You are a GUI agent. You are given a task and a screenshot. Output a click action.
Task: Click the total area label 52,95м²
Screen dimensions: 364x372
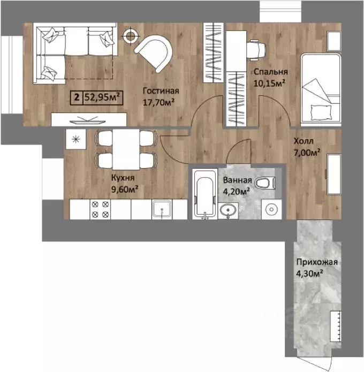[102, 97]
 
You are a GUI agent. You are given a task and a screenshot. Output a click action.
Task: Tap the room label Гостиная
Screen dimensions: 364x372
[161, 91]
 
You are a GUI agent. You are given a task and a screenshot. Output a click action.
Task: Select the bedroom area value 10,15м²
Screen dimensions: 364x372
[269, 83]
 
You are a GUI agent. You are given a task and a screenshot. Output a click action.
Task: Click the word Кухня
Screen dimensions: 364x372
[123, 178]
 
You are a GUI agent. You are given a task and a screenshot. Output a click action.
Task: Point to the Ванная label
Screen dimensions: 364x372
[237, 180]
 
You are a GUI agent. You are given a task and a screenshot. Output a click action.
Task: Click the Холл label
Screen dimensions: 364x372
[304, 141]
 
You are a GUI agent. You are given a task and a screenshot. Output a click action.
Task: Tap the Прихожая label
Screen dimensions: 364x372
[317, 262]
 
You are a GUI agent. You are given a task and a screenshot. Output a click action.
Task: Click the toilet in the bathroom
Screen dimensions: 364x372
[265, 183]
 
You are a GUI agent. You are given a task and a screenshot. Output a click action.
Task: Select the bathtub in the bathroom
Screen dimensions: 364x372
[205, 194]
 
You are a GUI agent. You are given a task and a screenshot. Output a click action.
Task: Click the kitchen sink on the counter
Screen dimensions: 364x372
[162, 209]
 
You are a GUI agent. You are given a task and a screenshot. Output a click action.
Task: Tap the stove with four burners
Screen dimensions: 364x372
[100, 209]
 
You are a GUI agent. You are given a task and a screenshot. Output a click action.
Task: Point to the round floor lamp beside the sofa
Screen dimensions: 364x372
[130, 36]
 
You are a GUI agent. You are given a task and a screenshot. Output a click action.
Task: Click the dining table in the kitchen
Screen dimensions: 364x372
[126, 149]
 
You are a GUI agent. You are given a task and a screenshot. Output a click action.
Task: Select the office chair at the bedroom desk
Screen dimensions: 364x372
[256, 50]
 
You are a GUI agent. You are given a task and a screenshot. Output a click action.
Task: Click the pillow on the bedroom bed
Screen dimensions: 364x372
[321, 113]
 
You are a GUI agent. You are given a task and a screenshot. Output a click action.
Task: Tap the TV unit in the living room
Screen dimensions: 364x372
[89, 119]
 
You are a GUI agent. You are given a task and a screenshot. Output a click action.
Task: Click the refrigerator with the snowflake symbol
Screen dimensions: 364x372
[76, 139]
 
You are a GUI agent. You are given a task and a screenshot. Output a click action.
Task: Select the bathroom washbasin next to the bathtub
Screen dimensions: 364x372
[228, 211]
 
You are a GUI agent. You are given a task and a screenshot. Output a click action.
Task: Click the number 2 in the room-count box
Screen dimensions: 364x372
[77, 97]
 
